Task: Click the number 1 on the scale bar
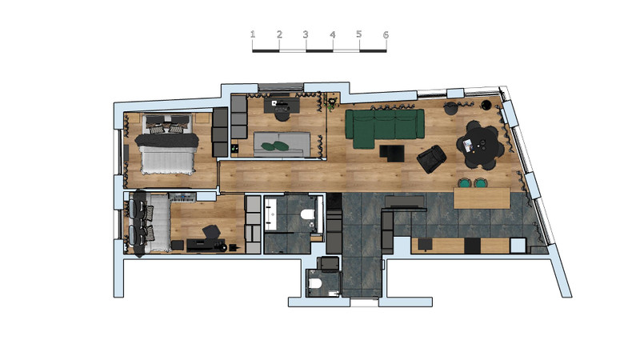click(x=253, y=34)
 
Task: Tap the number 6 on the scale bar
click(x=386, y=34)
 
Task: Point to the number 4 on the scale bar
click(x=333, y=34)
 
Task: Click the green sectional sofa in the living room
click(x=383, y=127)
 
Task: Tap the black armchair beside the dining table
click(x=431, y=158)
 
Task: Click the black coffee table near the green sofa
click(x=392, y=153)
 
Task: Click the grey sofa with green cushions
click(x=282, y=144)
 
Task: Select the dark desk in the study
click(x=282, y=105)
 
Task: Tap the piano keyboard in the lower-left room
click(x=182, y=198)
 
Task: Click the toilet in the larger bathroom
click(x=307, y=214)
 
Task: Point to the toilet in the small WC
click(x=315, y=283)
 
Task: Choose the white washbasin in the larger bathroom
click(x=270, y=213)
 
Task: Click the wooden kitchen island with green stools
click(x=482, y=198)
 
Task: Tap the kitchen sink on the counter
click(x=518, y=246)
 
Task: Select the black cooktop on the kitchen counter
click(x=472, y=246)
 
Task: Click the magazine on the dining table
click(x=468, y=145)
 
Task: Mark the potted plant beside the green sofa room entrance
click(x=332, y=103)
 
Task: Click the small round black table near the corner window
click(x=486, y=105)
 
